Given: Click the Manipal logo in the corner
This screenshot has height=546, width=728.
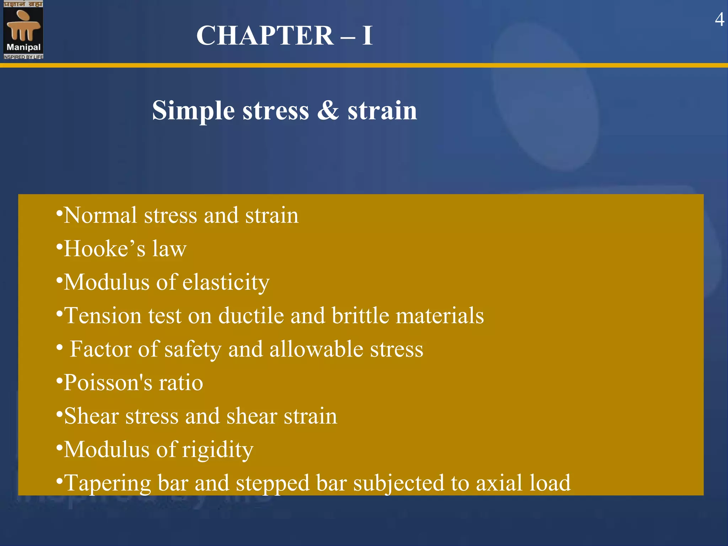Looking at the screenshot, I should point(23,30).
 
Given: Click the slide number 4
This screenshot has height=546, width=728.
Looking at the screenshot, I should point(719,20).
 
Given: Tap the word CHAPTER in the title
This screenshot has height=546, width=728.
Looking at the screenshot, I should point(265,36).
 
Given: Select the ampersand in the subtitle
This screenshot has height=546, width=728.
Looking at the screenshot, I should point(328,110).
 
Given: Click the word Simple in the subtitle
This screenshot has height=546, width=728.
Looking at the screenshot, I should point(193,111).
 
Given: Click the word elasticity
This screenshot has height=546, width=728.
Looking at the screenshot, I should point(226,283).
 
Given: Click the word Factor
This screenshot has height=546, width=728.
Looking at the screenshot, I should point(101,349).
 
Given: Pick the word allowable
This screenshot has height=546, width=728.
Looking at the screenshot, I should point(316,349).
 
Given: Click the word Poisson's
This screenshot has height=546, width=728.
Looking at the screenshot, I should point(108,383).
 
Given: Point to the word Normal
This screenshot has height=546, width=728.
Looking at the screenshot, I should point(100,215).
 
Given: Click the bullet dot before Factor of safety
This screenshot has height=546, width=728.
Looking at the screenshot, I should point(60,346).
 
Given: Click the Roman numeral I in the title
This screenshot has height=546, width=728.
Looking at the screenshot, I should point(367,36).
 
